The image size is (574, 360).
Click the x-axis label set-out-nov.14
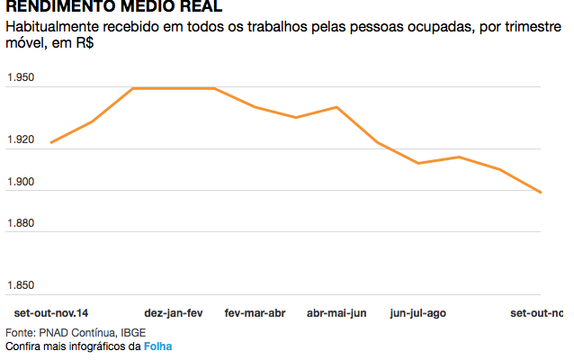(51, 313)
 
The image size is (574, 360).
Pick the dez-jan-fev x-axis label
(174, 313)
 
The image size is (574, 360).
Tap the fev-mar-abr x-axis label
(255, 313)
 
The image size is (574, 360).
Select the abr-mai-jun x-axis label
(336, 313)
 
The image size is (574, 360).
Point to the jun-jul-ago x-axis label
(417, 313)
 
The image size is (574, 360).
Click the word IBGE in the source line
(133, 332)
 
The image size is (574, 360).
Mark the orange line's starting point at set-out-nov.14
(51, 142)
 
